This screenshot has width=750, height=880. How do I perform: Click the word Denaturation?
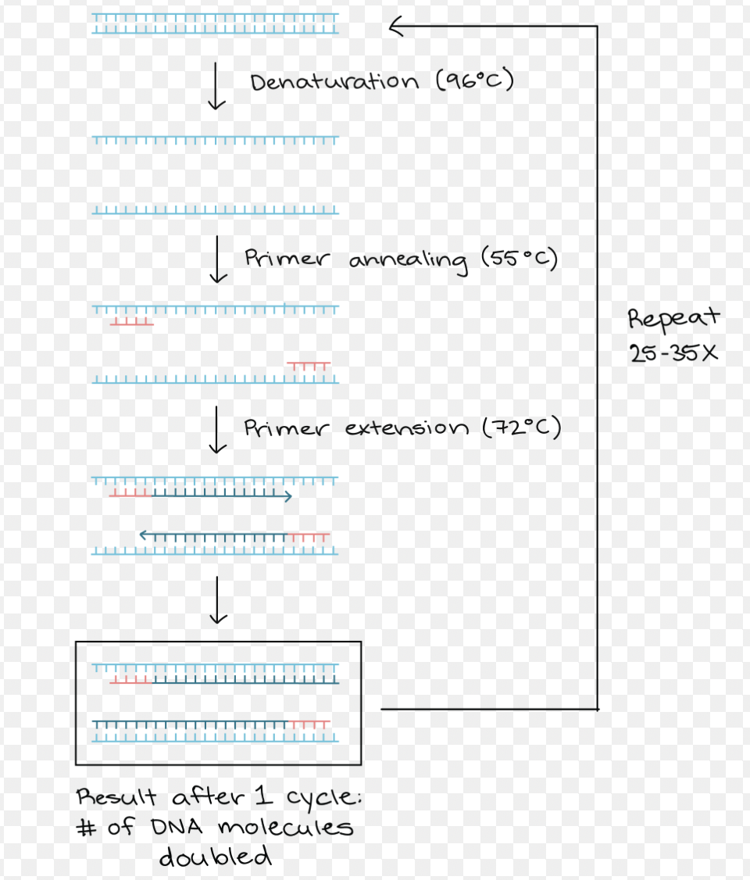pyautogui.click(x=334, y=82)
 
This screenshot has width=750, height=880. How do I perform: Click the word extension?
pyautogui.click(x=406, y=428)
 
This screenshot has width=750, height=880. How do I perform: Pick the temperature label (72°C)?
pyautogui.click(x=521, y=428)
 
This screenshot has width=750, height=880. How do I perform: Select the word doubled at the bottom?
pyautogui.click(x=216, y=857)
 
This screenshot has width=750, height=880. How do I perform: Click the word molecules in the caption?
pyautogui.click(x=285, y=827)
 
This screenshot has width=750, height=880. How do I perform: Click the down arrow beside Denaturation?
pyautogui.click(x=219, y=88)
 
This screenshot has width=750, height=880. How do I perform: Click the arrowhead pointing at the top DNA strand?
pyautogui.click(x=395, y=28)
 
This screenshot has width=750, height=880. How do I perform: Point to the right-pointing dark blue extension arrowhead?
pyautogui.click(x=288, y=495)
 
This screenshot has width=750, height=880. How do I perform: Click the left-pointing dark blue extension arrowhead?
pyautogui.click(x=143, y=535)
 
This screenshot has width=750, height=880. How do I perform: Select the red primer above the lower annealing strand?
pyautogui.click(x=309, y=365)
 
